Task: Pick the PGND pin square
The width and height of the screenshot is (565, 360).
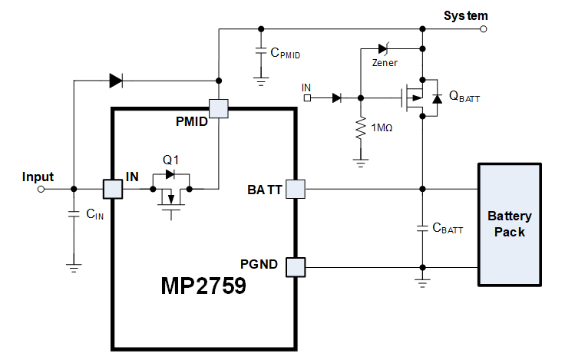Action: point(296,267)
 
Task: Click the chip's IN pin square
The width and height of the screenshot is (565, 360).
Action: point(113,188)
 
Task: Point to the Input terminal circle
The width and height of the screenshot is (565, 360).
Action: point(41,188)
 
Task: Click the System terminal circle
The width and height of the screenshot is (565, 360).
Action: point(483,29)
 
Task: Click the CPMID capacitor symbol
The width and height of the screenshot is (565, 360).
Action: point(260,53)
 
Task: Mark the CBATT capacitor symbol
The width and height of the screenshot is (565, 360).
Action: point(421,228)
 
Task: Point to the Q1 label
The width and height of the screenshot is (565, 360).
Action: point(170,160)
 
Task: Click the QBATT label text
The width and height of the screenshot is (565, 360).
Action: point(464,96)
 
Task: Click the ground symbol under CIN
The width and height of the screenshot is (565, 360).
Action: point(74,267)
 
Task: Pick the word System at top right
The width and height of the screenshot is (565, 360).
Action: point(466,15)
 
